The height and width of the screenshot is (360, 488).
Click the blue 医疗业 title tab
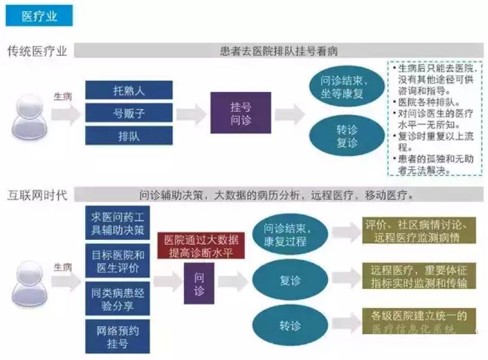point(39,16)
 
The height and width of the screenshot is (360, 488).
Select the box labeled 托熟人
point(129,90)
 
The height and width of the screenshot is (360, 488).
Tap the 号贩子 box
point(129,113)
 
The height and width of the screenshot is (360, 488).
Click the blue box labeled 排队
point(129,136)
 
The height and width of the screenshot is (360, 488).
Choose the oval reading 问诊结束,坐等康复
point(347,87)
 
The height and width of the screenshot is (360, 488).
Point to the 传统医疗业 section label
point(37,51)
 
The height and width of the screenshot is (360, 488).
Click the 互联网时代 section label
point(37,196)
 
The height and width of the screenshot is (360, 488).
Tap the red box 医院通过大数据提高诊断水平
point(201,245)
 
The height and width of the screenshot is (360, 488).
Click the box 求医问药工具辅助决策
point(117,223)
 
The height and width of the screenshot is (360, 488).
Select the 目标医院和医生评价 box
point(117,261)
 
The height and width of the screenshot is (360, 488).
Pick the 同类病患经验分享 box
point(117,299)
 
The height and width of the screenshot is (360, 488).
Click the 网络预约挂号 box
point(117,337)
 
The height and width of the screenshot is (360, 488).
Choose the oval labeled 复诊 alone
point(290,280)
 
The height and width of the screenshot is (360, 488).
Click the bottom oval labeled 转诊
point(290,326)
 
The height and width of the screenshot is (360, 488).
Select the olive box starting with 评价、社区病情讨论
point(415,231)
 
